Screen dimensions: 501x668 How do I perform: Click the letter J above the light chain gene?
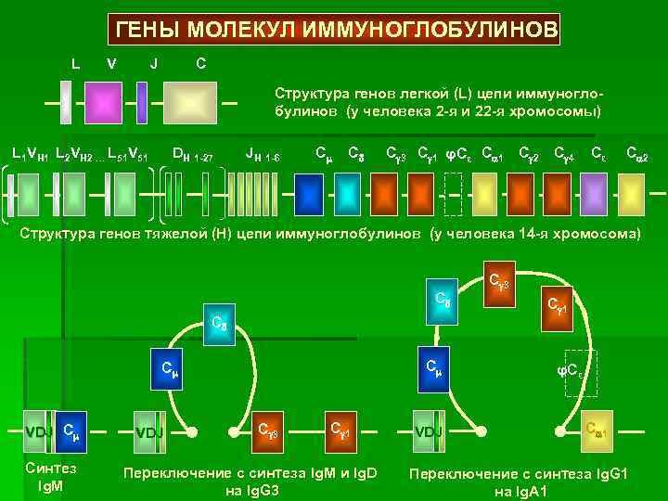coord(153,64)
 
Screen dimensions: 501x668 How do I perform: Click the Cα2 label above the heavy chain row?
coord(636,152)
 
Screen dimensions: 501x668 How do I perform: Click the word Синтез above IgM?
coord(52,469)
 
